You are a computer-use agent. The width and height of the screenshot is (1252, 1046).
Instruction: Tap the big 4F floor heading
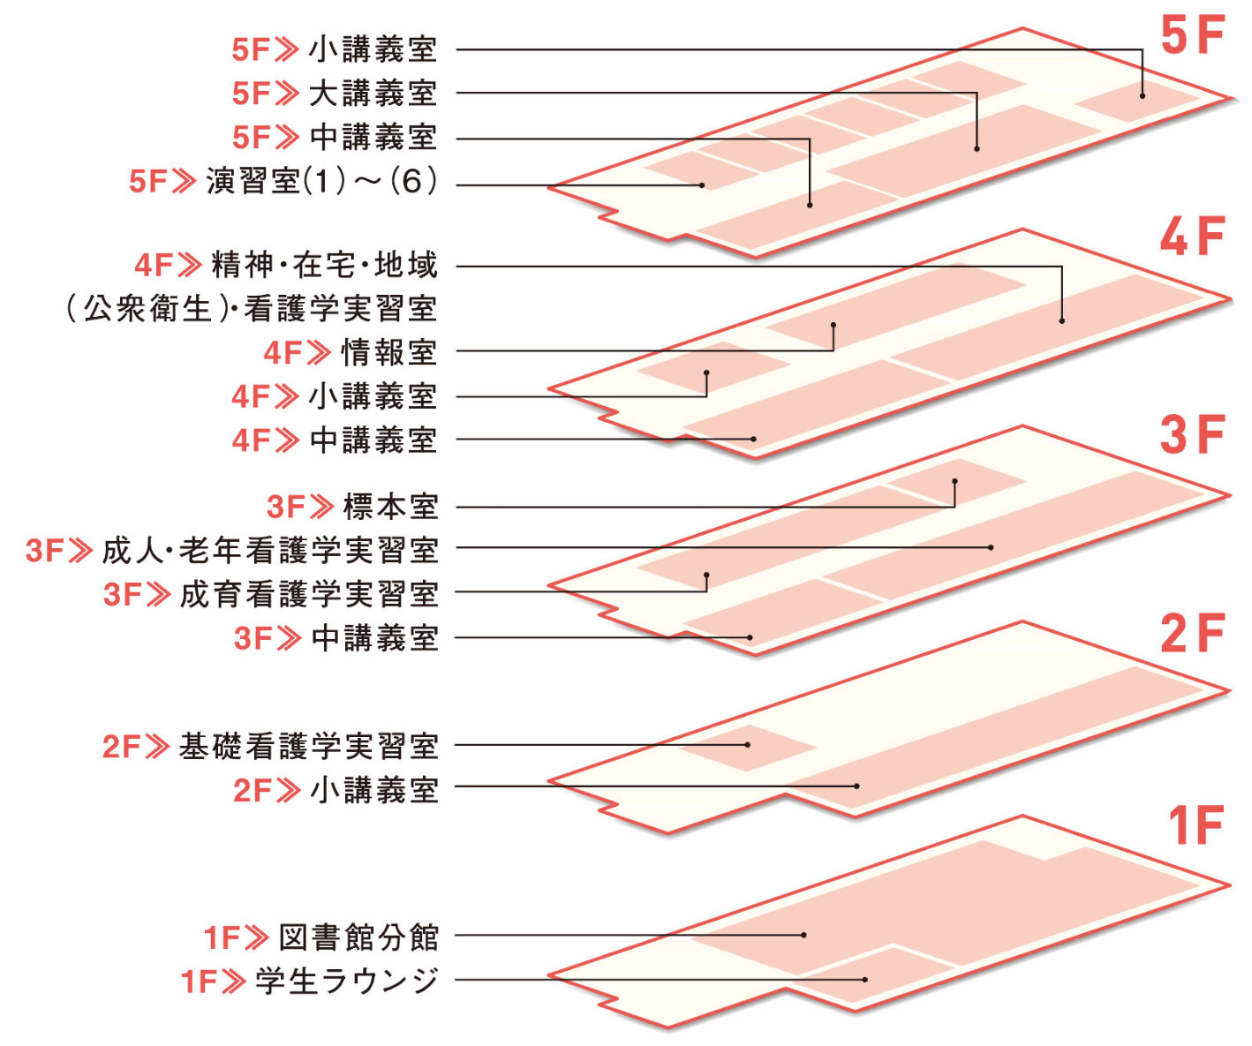[1192, 237]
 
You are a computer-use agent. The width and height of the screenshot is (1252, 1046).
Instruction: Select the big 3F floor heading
[1192, 435]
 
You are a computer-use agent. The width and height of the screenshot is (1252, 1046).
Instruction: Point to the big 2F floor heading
[1192, 634]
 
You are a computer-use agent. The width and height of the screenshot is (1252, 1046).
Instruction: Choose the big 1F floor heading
[1195, 827]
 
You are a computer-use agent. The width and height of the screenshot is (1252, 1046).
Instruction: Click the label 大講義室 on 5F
[373, 94]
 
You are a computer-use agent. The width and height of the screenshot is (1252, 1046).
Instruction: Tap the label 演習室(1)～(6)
[321, 182]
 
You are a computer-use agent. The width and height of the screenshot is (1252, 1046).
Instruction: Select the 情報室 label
[388, 353]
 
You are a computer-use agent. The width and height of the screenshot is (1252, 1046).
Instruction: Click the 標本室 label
[390, 508]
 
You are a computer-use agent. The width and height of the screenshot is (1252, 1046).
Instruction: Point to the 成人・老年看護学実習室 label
[270, 551]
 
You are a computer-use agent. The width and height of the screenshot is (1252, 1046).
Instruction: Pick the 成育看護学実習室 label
[309, 594]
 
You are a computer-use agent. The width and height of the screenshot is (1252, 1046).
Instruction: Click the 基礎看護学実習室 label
[308, 747]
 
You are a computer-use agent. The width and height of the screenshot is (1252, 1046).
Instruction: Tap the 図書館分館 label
[358, 937]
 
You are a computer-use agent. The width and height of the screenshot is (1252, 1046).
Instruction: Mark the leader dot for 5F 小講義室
[1142, 95]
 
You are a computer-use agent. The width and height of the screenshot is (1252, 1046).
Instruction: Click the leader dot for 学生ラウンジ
[865, 980]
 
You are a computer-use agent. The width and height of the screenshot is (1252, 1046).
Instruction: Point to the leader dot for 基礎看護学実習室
[747, 745]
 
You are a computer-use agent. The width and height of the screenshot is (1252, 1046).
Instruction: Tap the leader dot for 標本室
[954, 482]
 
